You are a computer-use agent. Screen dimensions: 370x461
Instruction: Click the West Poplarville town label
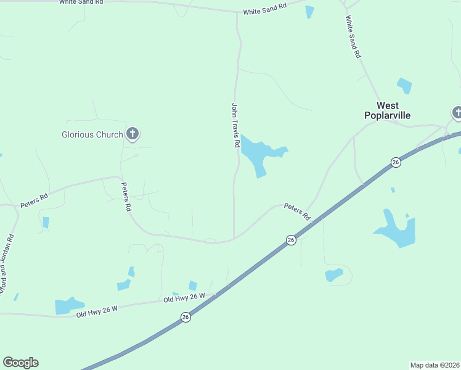pyautogui.click(x=387, y=110)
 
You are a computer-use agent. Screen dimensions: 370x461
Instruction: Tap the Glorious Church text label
pyautogui.click(x=92, y=134)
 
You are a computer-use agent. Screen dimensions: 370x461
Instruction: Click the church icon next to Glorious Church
pyautogui.click(x=132, y=133)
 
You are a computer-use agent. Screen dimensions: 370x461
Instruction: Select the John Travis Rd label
pyautogui.click(x=235, y=125)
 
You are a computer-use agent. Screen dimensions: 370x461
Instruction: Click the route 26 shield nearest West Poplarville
pyautogui.click(x=395, y=162)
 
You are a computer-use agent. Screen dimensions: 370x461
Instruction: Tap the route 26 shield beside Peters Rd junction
pyautogui.click(x=291, y=239)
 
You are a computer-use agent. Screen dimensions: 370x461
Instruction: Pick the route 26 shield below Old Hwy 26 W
pyautogui.click(x=186, y=317)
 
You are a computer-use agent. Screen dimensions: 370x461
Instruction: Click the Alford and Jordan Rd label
pyautogui.click(x=7, y=263)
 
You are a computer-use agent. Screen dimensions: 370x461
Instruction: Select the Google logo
pyautogui.click(x=20, y=363)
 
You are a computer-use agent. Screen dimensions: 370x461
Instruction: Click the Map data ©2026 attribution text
pyautogui.click(x=434, y=364)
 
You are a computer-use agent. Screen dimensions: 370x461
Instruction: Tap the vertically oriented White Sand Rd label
pyautogui.click(x=353, y=37)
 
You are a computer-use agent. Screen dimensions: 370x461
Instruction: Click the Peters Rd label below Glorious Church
pyautogui.click(x=126, y=197)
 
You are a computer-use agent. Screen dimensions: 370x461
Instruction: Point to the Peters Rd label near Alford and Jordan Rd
pyautogui.click(x=34, y=201)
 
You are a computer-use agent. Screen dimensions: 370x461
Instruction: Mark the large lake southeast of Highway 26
pyautogui.click(x=396, y=230)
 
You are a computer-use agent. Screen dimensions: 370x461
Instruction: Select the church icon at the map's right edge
pyautogui.click(x=457, y=113)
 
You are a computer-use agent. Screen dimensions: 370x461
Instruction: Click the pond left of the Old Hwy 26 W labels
pyautogui.click(x=68, y=305)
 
